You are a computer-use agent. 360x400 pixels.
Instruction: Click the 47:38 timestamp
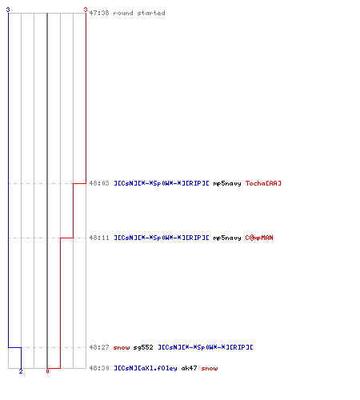point(99,13)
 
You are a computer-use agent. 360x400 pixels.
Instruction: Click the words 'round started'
point(139,13)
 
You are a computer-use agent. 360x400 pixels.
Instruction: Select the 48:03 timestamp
point(99,183)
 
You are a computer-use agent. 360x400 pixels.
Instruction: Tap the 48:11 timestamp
point(99,238)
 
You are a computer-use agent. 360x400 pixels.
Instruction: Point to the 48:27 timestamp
point(99,347)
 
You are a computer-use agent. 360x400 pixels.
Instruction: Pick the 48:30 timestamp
point(99,368)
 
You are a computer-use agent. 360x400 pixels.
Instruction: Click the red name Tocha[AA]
point(263,183)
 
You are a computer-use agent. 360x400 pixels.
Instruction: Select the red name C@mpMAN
point(259,238)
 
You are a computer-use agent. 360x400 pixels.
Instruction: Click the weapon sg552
point(143,347)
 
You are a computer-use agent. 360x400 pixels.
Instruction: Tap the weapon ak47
point(189,368)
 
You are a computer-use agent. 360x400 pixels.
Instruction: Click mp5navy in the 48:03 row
point(227,183)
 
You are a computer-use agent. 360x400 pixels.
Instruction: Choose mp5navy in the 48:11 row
point(227,238)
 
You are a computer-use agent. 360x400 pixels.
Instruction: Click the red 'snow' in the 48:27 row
point(122,347)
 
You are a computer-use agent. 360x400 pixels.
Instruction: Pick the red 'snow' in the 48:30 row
point(210,368)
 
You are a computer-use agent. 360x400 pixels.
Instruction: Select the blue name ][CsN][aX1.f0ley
point(146,368)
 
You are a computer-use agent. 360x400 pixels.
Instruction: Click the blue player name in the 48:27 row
point(206,347)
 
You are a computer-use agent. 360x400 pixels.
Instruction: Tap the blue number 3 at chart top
point(8,10)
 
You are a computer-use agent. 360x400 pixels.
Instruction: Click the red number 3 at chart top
point(85,10)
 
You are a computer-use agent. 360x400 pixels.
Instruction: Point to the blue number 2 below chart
point(21,371)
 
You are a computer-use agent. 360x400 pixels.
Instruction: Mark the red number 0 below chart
point(47,371)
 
